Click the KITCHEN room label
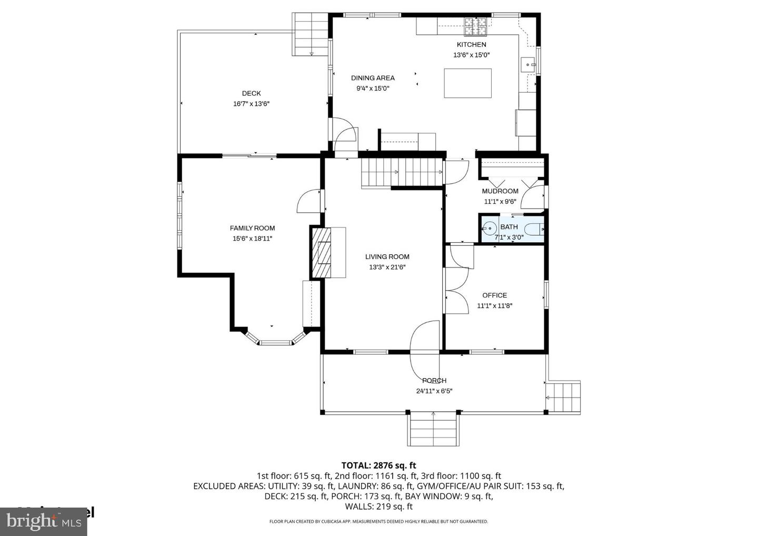click(471, 45)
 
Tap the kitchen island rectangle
click(467, 83)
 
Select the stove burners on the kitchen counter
click(476, 23)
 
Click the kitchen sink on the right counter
click(528, 65)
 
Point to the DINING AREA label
click(373, 78)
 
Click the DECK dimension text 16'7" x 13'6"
click(251, 104)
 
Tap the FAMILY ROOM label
click(252, 228)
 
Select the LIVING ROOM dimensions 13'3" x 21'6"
click(387, 267)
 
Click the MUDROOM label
click(500, 191)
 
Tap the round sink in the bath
click(490, 229)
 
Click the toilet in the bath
click(535, 229)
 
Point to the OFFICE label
click(494, 295)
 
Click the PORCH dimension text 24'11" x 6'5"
click(434, 391)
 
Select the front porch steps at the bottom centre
click(433, 429)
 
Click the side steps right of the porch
click(563, 397)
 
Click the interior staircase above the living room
click(401, 173)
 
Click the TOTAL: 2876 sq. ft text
click(378, 465)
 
